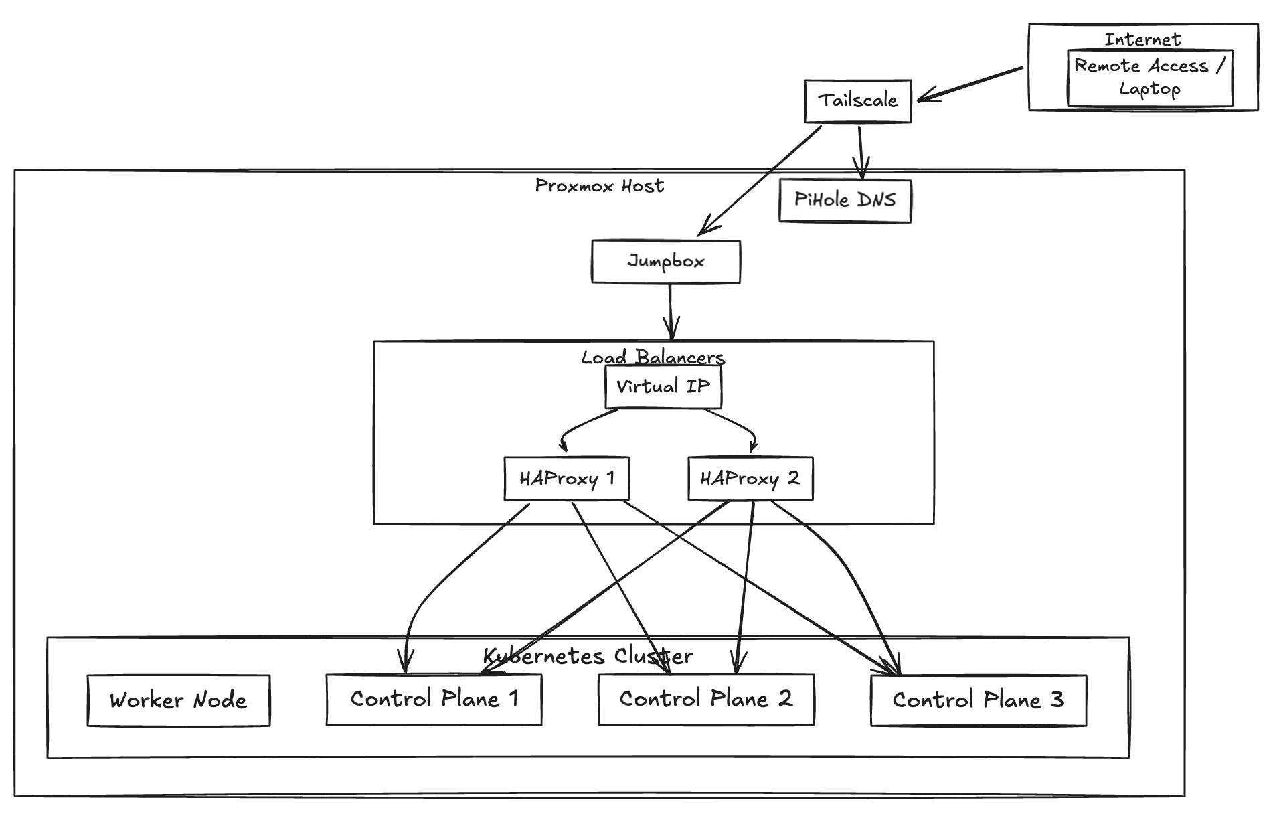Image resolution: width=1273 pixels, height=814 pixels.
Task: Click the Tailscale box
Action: [857, 102]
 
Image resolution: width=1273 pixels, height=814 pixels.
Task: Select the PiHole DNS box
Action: [845, 201]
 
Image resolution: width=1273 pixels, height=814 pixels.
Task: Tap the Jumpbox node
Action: [665, 262]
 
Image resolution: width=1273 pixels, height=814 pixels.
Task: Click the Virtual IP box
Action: [663, 388]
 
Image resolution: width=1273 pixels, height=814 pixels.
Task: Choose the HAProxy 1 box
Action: [566, 479]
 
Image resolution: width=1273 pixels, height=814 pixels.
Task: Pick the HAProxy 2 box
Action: [750, 479]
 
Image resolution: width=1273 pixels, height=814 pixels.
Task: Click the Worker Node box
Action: [178, 701]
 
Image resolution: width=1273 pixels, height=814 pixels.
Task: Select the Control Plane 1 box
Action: [434, 700]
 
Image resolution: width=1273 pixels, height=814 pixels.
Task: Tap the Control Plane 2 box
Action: [706, 700]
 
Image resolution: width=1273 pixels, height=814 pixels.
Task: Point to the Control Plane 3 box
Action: [978, 701]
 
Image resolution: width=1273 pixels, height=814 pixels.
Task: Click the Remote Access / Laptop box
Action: [1149, 78]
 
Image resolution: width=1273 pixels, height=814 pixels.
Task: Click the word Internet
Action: [1142, 39]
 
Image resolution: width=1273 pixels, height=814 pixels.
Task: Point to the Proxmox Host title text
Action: [599, 186]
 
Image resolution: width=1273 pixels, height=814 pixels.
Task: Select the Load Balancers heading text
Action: [653, 357]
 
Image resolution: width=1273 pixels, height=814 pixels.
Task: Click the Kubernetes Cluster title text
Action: [588, 656]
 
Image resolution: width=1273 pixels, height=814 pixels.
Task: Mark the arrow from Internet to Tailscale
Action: [970, 84]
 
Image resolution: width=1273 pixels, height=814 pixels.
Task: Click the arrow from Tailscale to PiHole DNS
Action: [861, 151]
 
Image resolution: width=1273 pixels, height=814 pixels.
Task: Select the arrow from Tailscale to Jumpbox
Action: [760, 181]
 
